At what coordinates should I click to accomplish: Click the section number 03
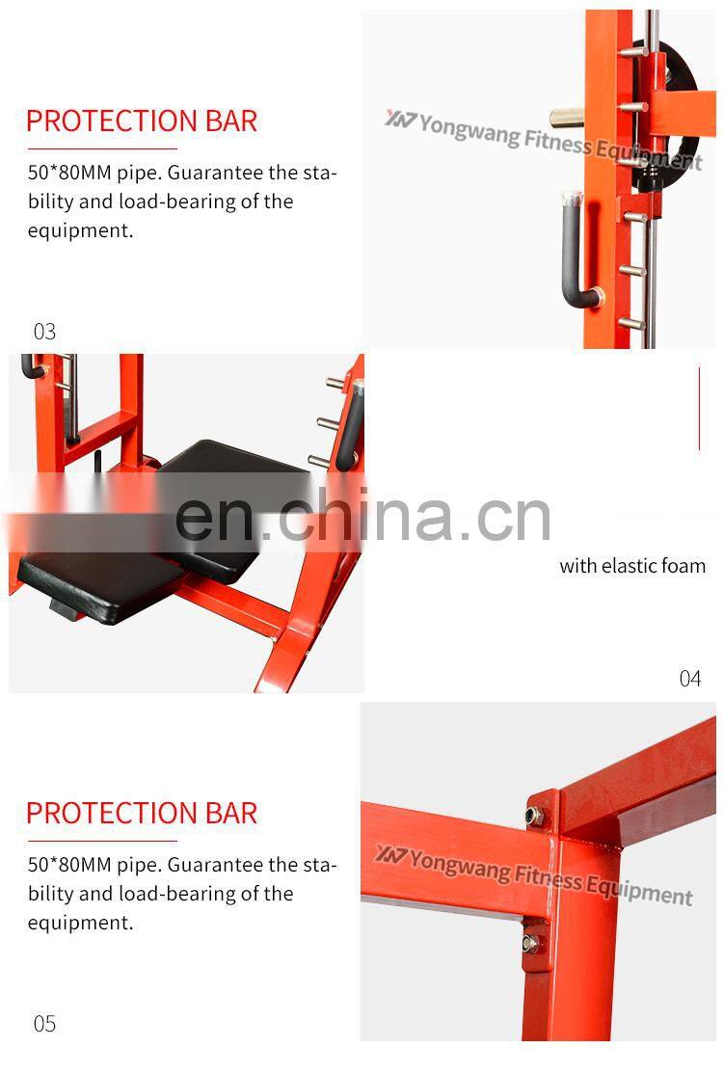(45, 332)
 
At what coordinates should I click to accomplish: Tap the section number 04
(690, 679)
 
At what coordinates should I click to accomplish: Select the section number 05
(45, 1024)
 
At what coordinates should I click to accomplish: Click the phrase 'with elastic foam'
(632, 566)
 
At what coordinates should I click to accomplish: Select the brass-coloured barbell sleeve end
(572, 119)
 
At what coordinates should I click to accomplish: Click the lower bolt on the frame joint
(531, 943)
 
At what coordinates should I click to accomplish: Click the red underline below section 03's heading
(102, 149)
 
